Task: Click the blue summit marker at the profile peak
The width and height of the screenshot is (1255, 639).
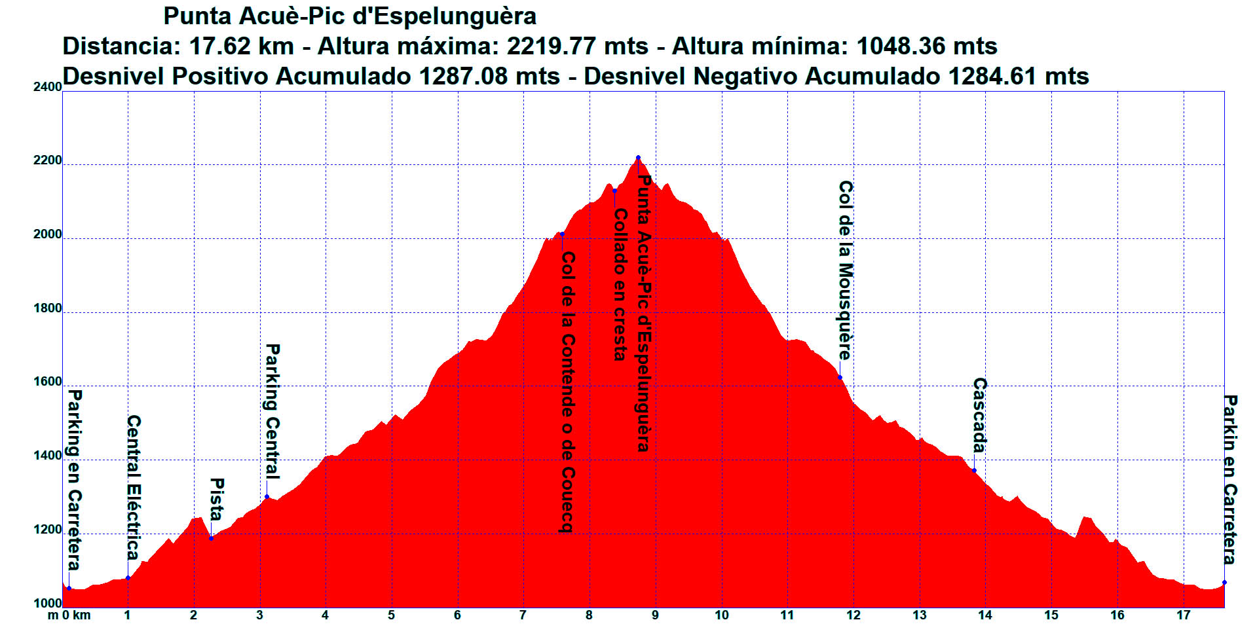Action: click(638, 157)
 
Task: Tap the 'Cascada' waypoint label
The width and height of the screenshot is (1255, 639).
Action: click(979, 415)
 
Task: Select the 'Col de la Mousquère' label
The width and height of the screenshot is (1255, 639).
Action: click(846, 270)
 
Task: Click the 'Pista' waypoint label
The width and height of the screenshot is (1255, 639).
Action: click(217, 499)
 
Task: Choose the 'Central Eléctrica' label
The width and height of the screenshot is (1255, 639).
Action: click(134, 487)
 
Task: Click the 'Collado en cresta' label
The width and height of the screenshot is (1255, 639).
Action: click(620, 284)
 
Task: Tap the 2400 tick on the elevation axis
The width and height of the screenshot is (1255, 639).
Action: click(47, 86)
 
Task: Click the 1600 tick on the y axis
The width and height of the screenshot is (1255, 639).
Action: click(47, 382)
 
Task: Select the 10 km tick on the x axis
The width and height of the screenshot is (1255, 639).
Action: click(721, 615)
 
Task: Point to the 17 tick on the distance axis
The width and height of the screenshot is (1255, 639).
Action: click(1183, 615)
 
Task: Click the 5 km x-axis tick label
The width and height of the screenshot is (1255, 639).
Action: click(391, 615)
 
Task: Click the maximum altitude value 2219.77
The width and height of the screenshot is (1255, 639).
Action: click(552, 46)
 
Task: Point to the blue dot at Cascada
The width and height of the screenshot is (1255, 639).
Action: click(974, 471)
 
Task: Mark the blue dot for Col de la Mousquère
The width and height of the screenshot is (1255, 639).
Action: click(840, 378)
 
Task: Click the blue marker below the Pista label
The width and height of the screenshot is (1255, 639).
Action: click(211, 538)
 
